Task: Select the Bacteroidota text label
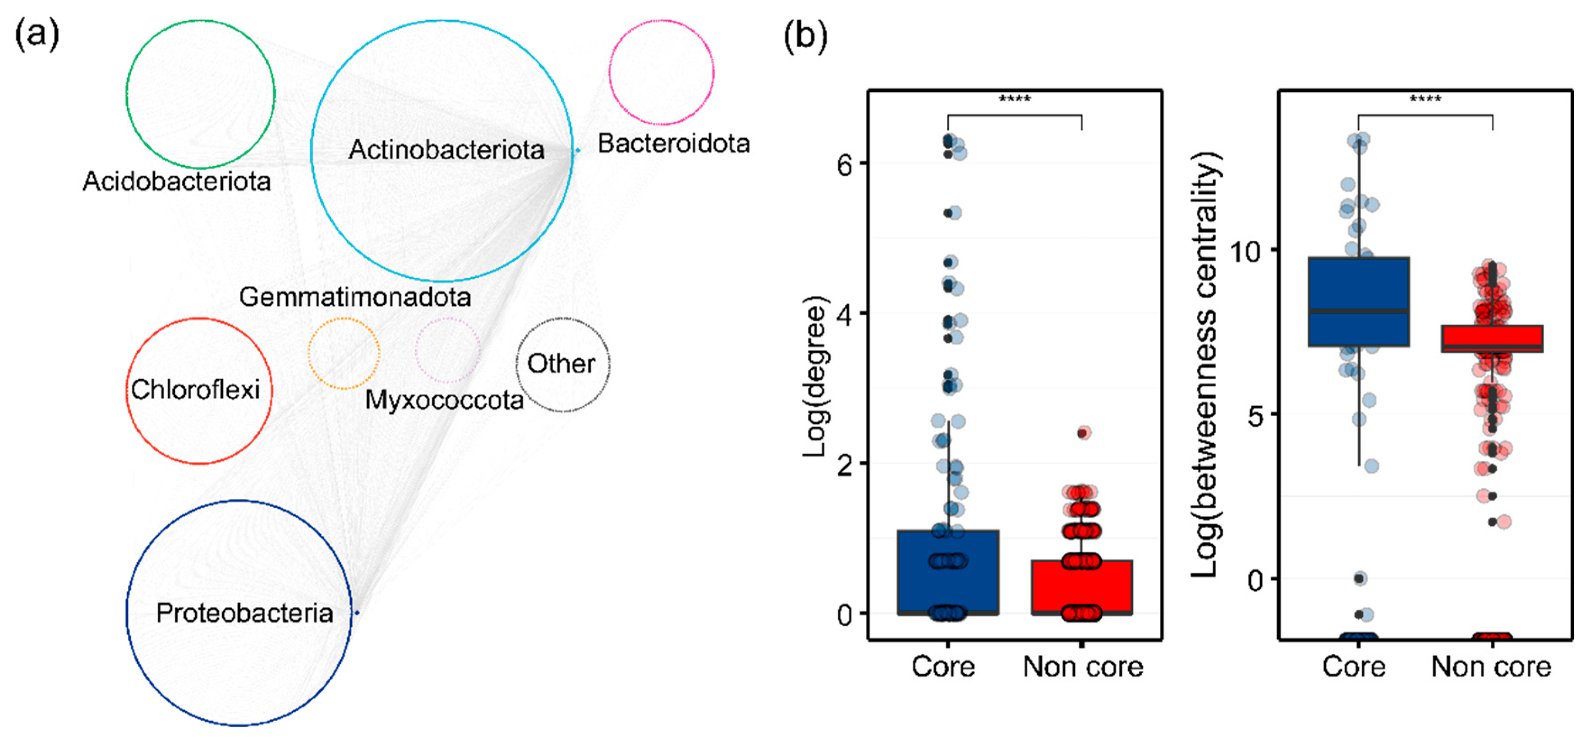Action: coord(673,143)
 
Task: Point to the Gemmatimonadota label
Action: coord(355,297)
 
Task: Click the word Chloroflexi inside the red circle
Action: coord(195,390)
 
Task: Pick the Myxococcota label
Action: coord(445,400)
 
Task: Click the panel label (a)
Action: coord(37,34)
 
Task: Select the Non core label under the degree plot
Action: coord(1083,667)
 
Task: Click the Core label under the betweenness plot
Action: coord(1354,667)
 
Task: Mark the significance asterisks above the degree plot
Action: coord(1015,99)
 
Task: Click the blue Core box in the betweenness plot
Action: coord(1358,301)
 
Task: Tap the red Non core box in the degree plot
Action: coord(1081,587)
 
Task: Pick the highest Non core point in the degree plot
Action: coord(1083,433)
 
